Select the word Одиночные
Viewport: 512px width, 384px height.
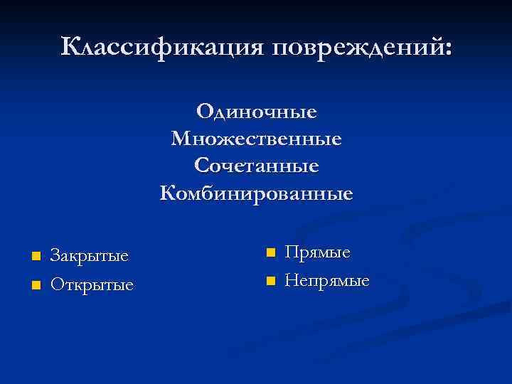point(256,112)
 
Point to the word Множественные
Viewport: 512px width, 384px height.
point(256,138)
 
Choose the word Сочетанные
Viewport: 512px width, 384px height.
point(256,166)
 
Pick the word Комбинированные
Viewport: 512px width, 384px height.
point(256,193)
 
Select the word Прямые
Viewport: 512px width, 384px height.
point(317,252)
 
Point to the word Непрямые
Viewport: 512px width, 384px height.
point(326,281)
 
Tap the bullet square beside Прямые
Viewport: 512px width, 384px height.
point(270,252)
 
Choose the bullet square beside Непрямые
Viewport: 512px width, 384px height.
point(270,281)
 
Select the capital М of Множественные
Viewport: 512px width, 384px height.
point(181,138)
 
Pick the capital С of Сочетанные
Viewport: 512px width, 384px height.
point(201,166)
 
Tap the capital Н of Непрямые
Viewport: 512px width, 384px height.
point(291,281)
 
